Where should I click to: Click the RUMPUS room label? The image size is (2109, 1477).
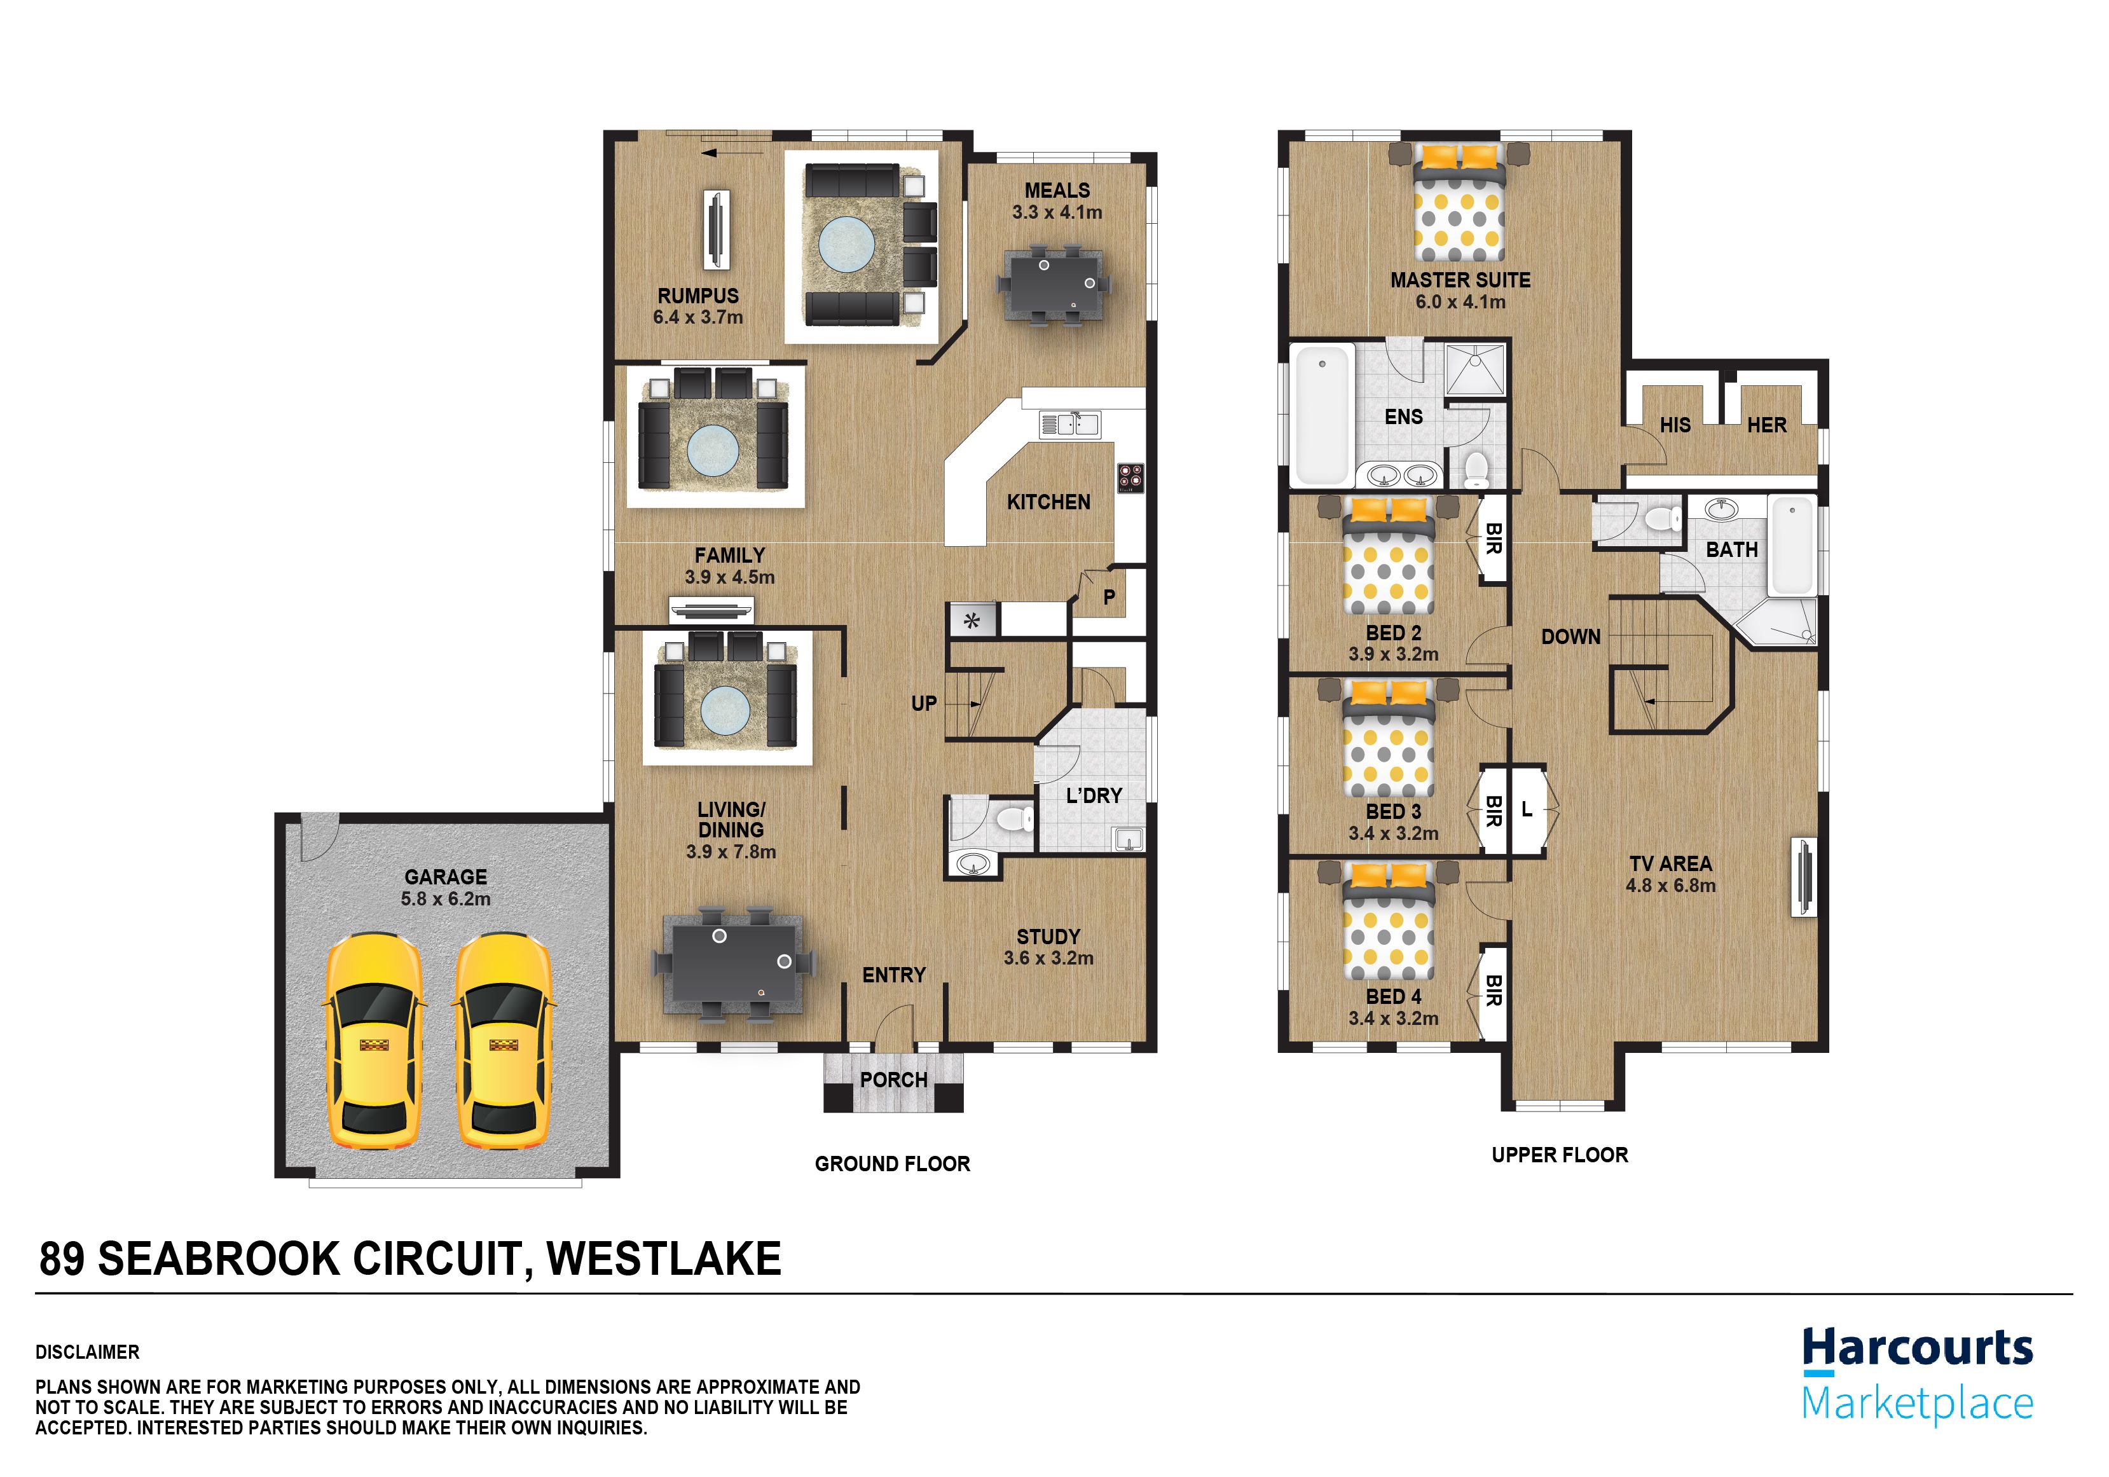coord(698,296)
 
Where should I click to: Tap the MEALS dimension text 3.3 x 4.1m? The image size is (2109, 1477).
coord(1057,212)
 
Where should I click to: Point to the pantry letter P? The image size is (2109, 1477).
coord(1109,597)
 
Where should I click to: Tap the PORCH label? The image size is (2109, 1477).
coord(894,1080)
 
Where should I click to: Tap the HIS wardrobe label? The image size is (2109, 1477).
coord(1675,425)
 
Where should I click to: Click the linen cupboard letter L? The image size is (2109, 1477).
coord(1527,808)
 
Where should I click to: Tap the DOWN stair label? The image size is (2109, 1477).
coord(1570,636)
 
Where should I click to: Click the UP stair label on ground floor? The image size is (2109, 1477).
coord(924,704)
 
